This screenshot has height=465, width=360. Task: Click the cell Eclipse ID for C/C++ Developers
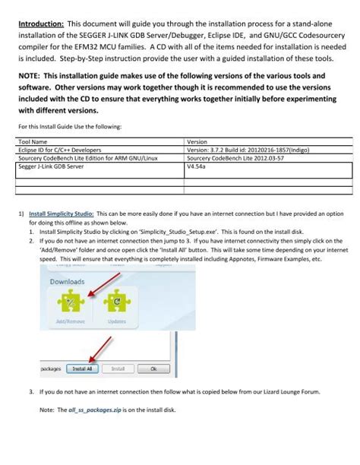pos(61,149)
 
